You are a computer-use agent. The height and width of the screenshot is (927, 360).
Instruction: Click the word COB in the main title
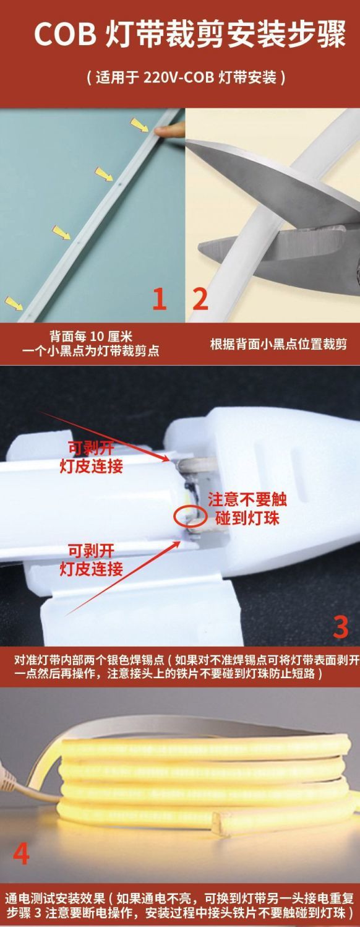tap(65, 34)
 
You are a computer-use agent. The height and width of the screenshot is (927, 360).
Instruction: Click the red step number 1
tap(160, 299)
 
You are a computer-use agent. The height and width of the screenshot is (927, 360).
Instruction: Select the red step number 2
tap(200, 299)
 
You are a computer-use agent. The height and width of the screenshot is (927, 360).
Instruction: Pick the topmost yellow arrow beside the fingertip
tap(139, 124)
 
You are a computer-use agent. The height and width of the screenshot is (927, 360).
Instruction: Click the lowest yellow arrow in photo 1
tap(14, 303)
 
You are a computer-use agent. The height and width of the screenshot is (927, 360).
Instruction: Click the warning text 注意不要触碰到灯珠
tap(247, 509)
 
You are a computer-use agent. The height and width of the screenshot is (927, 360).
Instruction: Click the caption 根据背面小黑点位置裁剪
tap(278, 344)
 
